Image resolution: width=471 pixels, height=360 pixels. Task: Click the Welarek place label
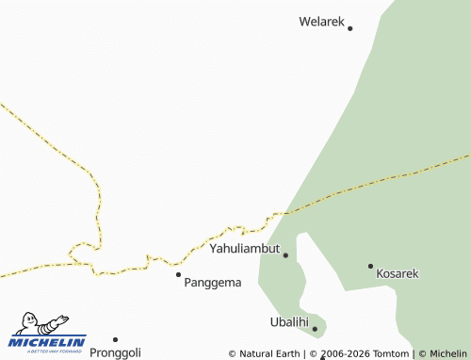coord(322,21)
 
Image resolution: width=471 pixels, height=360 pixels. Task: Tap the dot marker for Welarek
coord(349,28)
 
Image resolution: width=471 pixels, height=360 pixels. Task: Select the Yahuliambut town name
coord(245,249)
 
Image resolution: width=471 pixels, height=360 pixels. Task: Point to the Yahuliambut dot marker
coord(285,254)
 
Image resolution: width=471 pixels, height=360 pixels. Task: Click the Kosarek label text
coord(397,273)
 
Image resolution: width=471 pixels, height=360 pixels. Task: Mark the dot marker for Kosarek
coord(370,266)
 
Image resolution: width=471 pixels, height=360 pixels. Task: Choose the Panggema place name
coord(213,282)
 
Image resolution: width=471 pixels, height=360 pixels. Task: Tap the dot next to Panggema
coord(178,274)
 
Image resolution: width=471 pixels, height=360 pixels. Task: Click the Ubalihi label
coord(289,322)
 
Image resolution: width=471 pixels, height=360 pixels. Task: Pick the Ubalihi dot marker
coord(315,329)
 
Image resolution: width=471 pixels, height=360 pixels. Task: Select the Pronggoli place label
coord(115,352)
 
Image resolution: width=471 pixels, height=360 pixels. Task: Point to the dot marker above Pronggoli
coord(115,339)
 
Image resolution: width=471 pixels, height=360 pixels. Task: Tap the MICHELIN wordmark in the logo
coord(47,340)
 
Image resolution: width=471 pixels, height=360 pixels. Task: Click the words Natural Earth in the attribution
coord(271,353)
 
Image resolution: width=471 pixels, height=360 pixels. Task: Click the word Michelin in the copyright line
coord(448,353)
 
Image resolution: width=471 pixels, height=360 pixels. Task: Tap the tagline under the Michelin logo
coord(47,350)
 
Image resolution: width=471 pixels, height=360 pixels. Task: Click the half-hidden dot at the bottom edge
coord(322,358)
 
